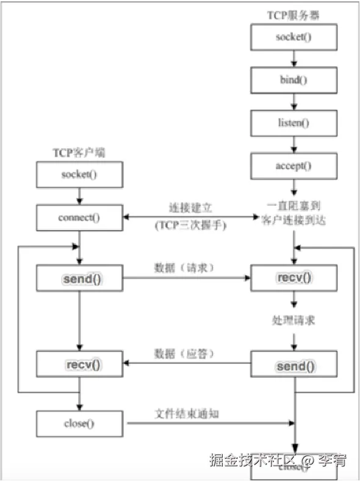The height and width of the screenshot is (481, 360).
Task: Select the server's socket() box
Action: point(293,38)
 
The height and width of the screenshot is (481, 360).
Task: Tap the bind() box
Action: point(293,80)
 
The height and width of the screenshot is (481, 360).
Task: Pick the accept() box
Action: point(293,165)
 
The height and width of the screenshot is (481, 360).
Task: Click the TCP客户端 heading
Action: point(79,153)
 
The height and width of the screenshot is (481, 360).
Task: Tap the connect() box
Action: point(79,218)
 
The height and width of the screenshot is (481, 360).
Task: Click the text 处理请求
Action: point(293,321)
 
